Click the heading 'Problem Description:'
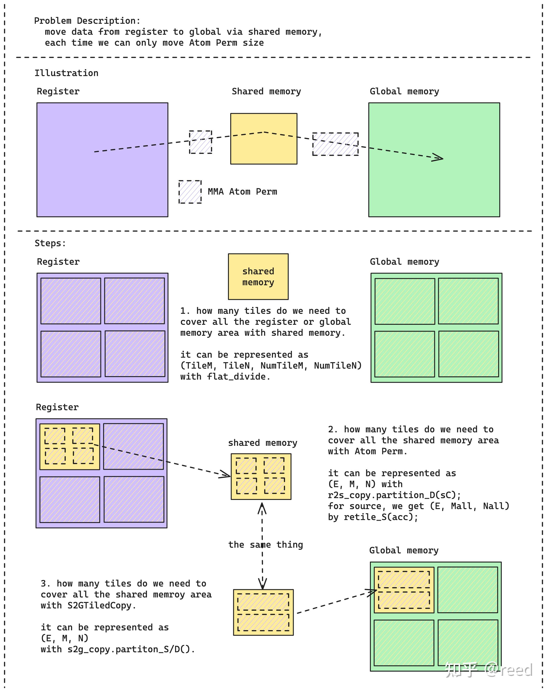click(x=87, y=21)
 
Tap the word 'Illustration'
click(x=66, y=73)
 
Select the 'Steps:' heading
click(x=50, y=243)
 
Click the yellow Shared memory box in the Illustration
click(x=264, y=139)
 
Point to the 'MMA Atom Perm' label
click(x=242, y=192)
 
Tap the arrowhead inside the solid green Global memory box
click(x=438, y=157)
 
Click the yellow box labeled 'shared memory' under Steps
click(x=258, y=277)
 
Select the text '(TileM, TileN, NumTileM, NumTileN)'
click(x=271, y=365)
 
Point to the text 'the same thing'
click(x=265, y=544)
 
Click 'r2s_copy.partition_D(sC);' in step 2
click(x=395, y=495)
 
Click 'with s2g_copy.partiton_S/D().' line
click(x=118, y=649)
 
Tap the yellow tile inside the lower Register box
click(x=70, y=446)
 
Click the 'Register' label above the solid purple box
click(x=58, y=91)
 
